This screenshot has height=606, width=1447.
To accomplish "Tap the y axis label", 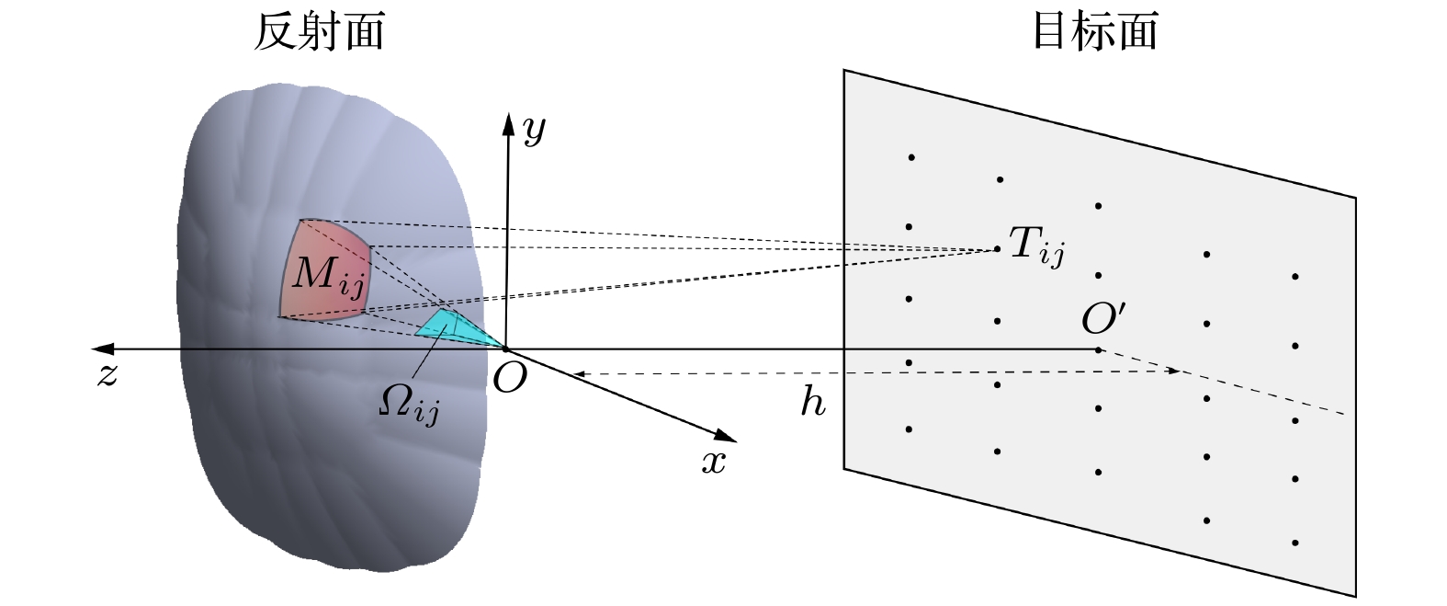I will coord(534,133).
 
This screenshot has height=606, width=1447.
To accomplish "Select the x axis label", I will coord(713,463).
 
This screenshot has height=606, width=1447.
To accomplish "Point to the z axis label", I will coord(107,375).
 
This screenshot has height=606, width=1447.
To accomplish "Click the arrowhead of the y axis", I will coord(507,122).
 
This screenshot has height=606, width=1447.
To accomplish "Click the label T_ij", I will coord(1036,246).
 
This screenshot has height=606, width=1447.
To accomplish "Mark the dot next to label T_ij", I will coord(998,248).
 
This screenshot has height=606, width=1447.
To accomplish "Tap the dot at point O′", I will coord(1099,349).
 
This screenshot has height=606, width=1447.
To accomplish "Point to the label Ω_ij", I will coord(408,402).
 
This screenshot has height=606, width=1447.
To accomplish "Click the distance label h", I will coord(812,402).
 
